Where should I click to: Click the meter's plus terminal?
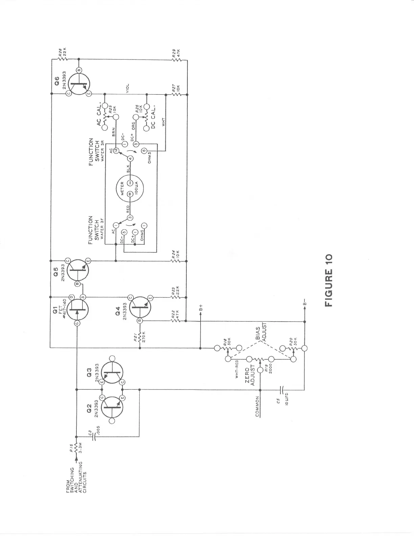pyautogui.click(x=130, y=194)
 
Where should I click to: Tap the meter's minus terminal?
pyautogui.click(x=130, y=183)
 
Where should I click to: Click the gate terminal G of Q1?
pyautogui.click(x=77, y=323)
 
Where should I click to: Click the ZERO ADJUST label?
pyautogui.click(x=249, y=375)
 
